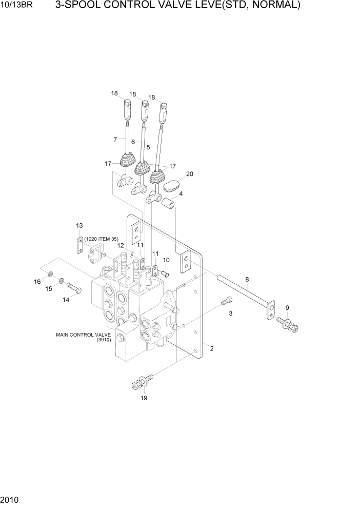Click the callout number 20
point(190,174)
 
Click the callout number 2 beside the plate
point(212,349)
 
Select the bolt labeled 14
point(73,288)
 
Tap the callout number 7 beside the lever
point(115,139)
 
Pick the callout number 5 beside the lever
point(148,146)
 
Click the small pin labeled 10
point(166,273)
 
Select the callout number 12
point(120,246)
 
